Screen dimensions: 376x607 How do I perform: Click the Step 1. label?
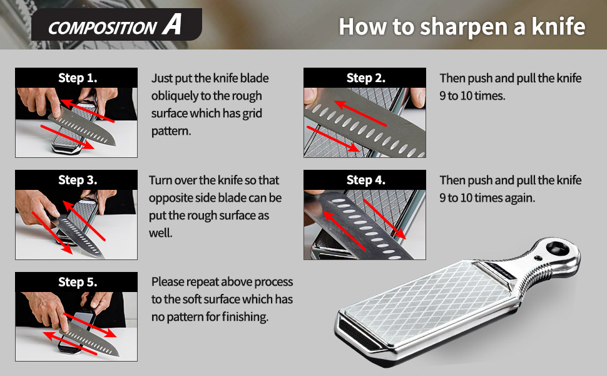(x=77, y=78)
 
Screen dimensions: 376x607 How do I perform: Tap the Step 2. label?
(x=365, y=78)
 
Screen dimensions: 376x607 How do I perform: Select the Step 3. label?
(x=77, y=180)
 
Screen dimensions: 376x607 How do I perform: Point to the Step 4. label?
(x=365, y=180)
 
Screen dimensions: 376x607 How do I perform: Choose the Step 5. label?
(x=77, y=282)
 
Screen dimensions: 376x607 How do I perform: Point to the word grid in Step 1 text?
(x=251, y=113)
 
